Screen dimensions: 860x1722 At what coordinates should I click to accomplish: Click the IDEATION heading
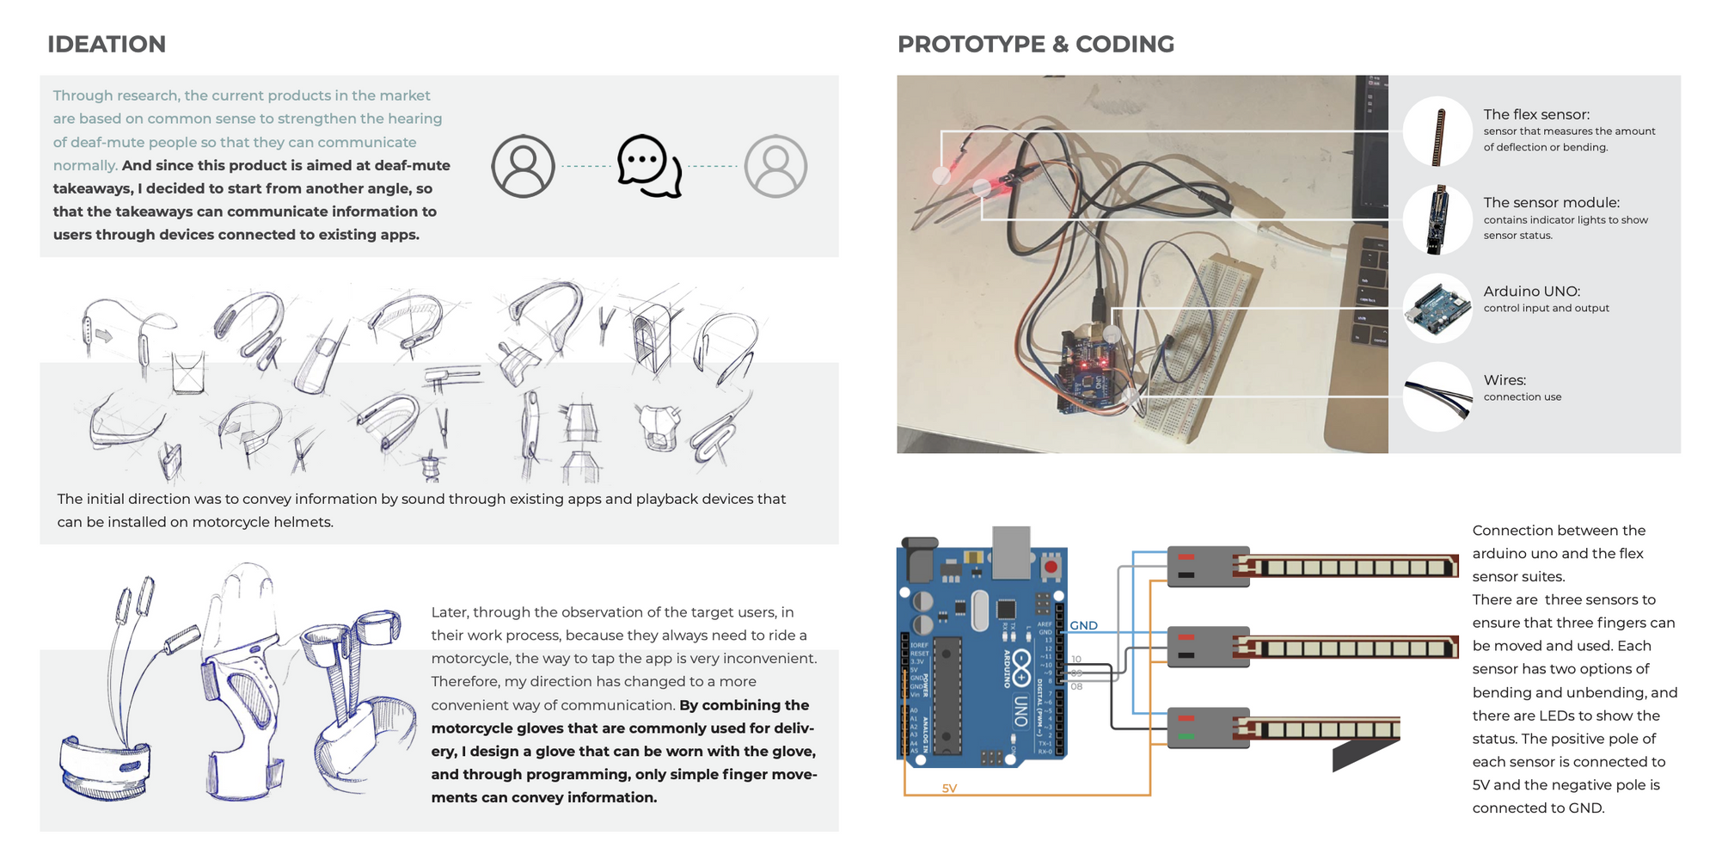click(x=107, y=44)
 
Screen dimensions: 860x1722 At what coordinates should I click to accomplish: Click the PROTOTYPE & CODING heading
click(x=1035, y=44)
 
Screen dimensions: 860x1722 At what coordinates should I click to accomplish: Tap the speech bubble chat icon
click(x=649, y=165)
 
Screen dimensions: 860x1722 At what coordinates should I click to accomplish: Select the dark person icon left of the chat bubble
click(x=523, y=166)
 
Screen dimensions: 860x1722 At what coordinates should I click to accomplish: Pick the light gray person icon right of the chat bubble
click(x=775, y=166)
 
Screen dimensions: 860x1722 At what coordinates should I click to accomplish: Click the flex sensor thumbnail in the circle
click(x=1437, y=132)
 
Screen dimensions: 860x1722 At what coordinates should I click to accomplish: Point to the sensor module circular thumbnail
click(x=1437, y=219)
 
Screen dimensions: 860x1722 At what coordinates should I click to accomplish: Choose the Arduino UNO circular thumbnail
click(x=1437, y=308)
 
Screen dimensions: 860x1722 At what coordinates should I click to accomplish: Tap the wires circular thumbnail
click(x=1437, y=396)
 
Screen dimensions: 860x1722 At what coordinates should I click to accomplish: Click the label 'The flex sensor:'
click(x=1536, y=114)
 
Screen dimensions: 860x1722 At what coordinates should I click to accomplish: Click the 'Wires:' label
click(x=1504, y=379)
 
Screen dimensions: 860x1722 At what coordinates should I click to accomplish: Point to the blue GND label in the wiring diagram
click(x=1083, y=625)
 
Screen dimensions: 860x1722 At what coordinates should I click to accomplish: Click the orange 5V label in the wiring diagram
click(x=949, y=788)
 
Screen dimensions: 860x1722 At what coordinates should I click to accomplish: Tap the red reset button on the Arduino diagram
click(x=1051, y=568)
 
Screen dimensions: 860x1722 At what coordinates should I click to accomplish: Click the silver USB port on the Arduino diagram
click(x=1011, y=551)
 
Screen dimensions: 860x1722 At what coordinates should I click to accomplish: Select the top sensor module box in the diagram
click(x=1208, y=567)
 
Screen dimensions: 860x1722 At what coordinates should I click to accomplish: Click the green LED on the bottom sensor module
click(x=1186, y=736)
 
